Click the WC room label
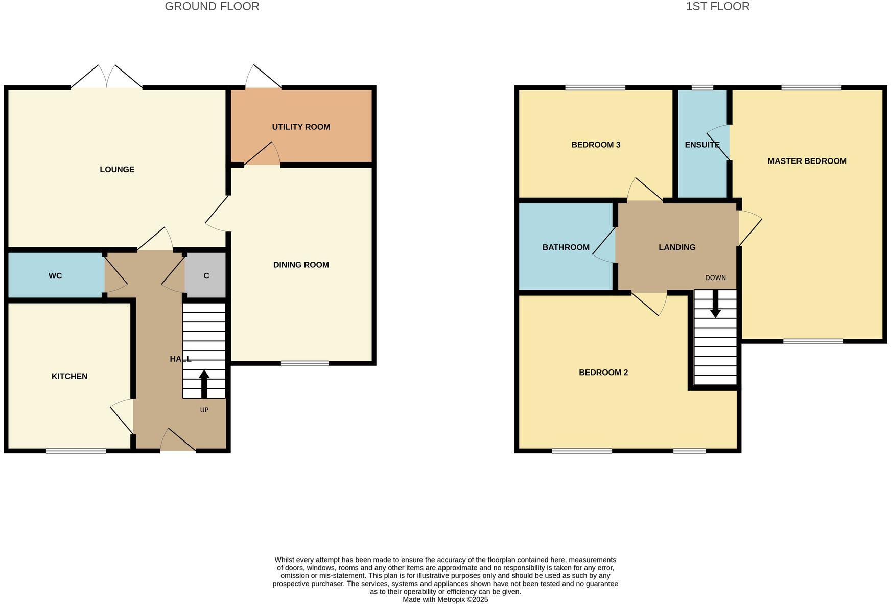click(x=55, y=276)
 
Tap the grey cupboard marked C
click(x=206, y=276)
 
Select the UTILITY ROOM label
click(x=301, y=127)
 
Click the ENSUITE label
click(x=702, y=145)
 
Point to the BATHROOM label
click(x=566, y=247)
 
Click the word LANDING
click(x=676, y=247)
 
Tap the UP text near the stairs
click(x=204, y=410)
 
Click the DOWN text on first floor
click(x=715, y=278)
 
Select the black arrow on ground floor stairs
click(x=204, y=383)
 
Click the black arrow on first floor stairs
click(x=715, y=305)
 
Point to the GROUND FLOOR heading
click(x=212, y=7)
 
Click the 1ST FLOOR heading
click(x=717, y=7)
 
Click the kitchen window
click(x=76, y=451)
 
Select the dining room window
click(x=304, y=363)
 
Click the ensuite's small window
click(x=702, y=88)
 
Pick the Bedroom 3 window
click(x=595, y=88)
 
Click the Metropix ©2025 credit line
click(x=445, y=600)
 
